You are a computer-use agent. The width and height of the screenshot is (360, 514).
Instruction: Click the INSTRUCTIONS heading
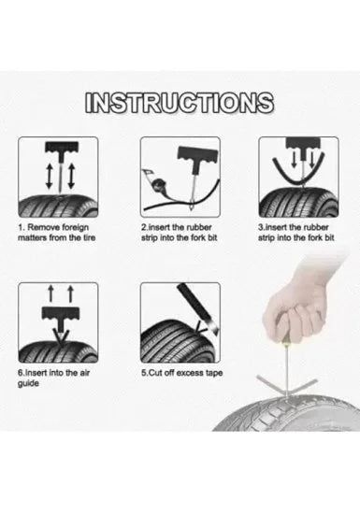tap(179, 103)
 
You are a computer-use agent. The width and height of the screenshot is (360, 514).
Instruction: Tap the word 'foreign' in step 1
tap(75, 227)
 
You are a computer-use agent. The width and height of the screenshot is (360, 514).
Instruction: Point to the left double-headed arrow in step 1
tap(50, 176)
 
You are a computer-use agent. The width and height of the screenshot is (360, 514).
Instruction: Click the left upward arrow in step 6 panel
tap(50, 293)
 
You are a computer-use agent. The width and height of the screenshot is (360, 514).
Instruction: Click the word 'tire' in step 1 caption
tap(88, 237)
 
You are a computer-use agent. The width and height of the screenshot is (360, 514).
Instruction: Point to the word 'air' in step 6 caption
tap(84, 373)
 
